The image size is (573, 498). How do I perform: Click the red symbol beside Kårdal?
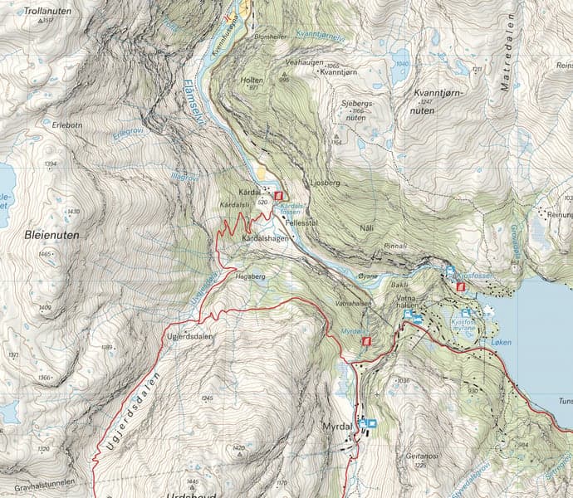[x=277, y=196]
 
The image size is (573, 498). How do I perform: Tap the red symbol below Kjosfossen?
[x=460, y=286]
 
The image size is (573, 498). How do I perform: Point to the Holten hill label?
[x=252, y=80]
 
